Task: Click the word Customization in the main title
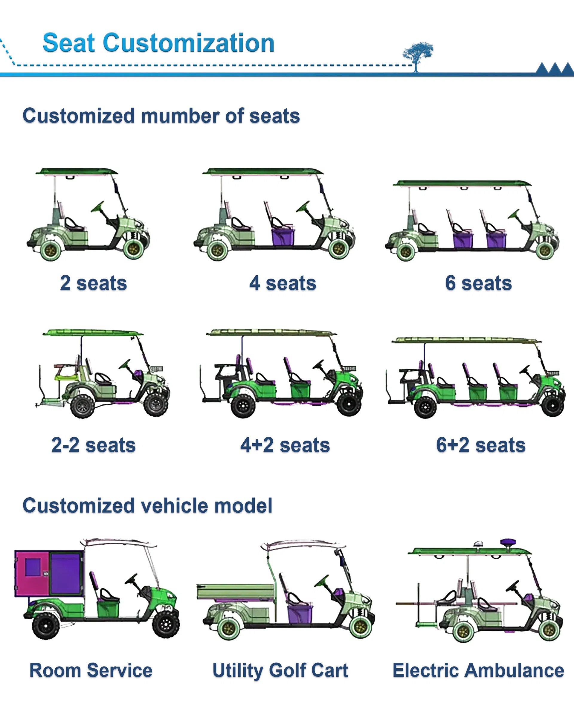click(189, 43)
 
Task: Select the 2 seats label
click(94, 283)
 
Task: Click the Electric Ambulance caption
click(478, 671)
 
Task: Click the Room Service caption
click(91, 671)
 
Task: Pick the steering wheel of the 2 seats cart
click(98, 207)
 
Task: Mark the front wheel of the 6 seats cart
click(545, 250)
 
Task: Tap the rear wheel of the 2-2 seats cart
click(82, 406)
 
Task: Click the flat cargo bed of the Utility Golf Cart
click(235, 592)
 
